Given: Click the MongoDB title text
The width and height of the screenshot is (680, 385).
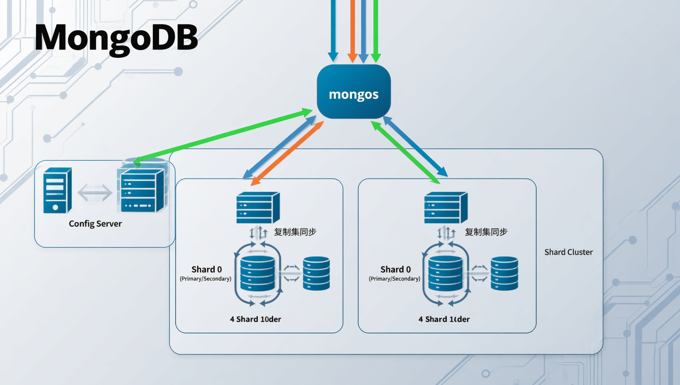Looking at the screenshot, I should coord(116,37).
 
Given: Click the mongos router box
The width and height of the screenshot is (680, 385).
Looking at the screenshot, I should coord(354,92).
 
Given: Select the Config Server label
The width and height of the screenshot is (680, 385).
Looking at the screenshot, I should coord(95,224).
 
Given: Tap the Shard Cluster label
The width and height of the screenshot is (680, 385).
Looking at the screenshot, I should coord(568,252).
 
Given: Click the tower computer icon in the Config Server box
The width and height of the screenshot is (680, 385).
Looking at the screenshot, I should coord(57,190).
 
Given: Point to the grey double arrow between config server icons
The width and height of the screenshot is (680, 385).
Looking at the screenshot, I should coord(95,192).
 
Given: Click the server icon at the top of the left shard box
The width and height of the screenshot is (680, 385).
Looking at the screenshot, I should coord(258,207).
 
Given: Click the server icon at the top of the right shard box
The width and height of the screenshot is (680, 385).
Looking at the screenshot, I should coord(445,207).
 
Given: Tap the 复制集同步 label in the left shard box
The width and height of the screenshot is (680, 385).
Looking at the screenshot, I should coord(295,232).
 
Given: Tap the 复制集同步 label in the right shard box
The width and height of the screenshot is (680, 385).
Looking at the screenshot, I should coord(486,232).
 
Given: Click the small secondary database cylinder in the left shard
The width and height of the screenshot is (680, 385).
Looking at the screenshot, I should coord(316,274).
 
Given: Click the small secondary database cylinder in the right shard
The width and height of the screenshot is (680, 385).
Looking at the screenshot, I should coord(504,274).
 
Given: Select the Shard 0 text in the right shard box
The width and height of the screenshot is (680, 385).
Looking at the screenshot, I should coord(395,269).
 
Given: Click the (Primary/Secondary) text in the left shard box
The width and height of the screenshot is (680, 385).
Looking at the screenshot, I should coord(205,279).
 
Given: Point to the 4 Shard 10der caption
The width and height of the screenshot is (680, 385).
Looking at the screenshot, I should coord(255,319).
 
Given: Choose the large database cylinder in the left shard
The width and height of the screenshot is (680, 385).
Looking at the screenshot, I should coord(257,274).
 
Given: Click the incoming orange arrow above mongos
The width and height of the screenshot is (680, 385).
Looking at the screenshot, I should coord(352,30).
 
